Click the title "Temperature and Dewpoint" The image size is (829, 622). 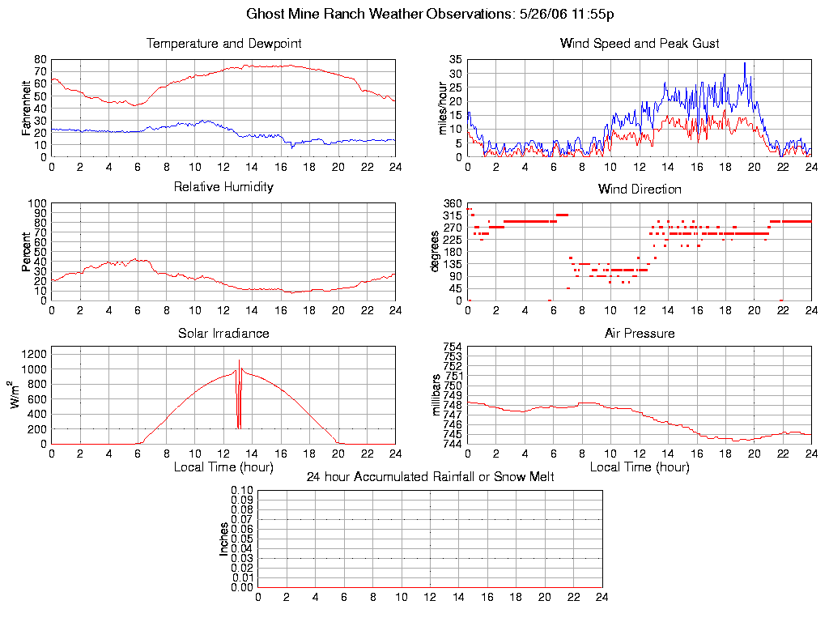(223, 44)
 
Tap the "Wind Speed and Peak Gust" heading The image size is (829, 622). (640, 44)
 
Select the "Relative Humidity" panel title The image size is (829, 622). (223, 187)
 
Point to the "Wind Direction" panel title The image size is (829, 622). (640, 190)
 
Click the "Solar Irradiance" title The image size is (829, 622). (223, 333)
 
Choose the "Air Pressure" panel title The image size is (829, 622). (640, 334)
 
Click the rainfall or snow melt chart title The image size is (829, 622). (430, 477)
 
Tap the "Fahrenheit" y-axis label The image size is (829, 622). (26, 108)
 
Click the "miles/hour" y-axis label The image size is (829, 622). (442, 108)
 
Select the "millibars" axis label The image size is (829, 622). (435, 395)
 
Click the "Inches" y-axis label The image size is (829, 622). (224, 539)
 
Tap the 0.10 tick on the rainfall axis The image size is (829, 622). (242, 491)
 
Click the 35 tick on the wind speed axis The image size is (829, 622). (455, 60)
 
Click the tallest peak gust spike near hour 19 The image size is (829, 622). (745, 63)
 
